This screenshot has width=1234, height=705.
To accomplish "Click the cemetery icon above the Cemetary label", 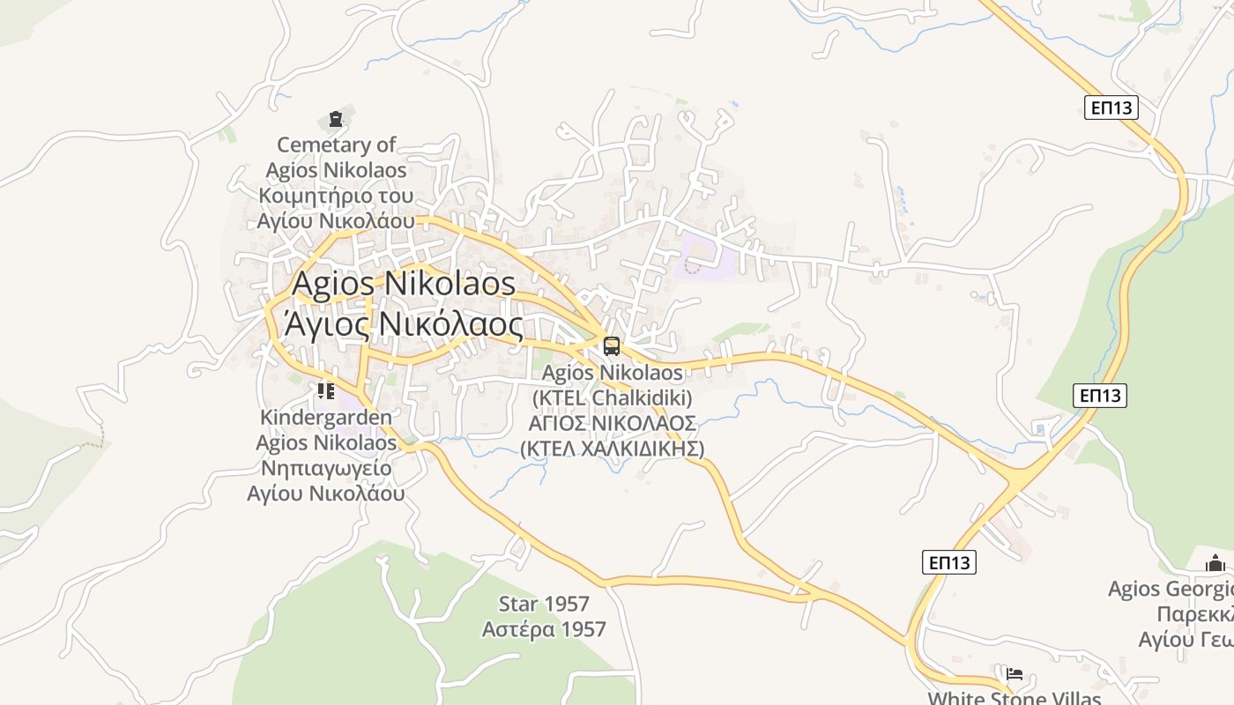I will point(335,119).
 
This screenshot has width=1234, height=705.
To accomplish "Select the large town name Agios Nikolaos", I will point(403,284).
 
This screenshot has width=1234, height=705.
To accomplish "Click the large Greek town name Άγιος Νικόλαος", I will point(403,325).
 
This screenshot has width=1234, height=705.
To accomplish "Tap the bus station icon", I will point(612,346).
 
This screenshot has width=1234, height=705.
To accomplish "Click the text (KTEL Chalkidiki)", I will point(612,397).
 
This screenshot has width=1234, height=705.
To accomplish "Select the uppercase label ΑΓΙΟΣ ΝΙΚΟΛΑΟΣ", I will point(612,423).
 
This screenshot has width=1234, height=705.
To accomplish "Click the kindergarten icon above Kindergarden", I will point(326,390).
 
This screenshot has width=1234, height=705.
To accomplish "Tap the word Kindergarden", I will point(326,416).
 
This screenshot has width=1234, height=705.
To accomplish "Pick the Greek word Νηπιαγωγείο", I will point(326,467).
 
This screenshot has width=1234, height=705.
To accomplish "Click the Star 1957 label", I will point(544,604).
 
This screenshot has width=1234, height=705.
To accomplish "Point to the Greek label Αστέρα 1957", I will point(544,629).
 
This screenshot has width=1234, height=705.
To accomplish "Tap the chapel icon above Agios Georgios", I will point(1215,563).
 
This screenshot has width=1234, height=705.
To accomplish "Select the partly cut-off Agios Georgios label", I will point(1171,589).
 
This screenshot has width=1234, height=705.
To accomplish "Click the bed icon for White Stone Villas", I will point(1015,674).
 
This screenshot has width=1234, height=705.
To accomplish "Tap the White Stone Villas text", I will point(1014,698).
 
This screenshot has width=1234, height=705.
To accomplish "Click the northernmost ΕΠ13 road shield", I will point(1111,108).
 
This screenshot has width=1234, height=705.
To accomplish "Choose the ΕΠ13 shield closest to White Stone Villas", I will point(949,561).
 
